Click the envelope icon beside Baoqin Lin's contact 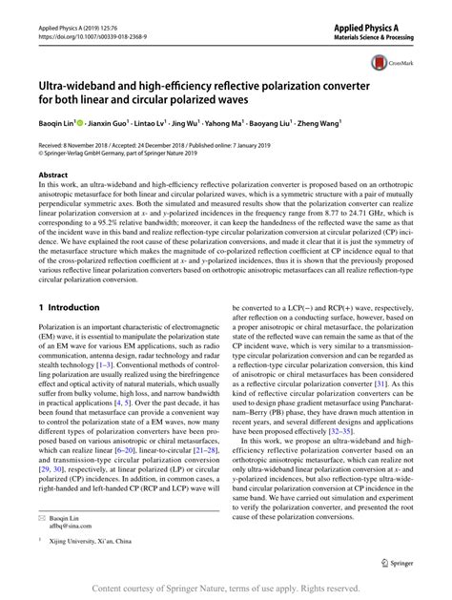44,518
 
